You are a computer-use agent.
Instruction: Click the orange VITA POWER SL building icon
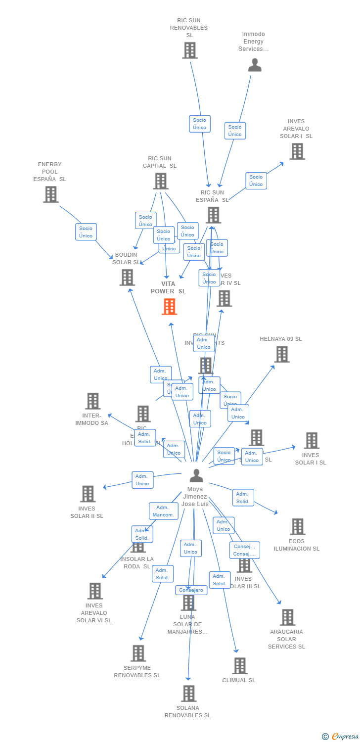click(x=169, y=307)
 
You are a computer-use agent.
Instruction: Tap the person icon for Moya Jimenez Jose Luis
click(x=196, y=476)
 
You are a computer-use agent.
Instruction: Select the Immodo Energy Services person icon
click(x=255, y=65)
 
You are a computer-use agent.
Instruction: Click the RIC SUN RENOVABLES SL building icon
click(x=189, y=50)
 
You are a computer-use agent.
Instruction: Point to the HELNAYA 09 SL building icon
click(x=282, y=354)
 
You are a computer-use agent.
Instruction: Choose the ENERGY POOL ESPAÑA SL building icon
click(x=50, y=194)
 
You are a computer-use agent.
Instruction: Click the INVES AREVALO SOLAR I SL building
click(x=297, y=151)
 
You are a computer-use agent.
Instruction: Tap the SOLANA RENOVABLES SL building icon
click(x=188, y=694)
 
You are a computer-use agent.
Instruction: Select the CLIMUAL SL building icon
click(x=240, y=666)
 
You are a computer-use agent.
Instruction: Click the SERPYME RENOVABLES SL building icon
click(x=138, y=653)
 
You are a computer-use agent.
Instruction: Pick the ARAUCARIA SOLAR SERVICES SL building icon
click(x=287, y=617)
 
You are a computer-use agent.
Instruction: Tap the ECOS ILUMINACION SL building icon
click(x=297, y=527)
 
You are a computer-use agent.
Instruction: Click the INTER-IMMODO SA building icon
click(x=92, y=401)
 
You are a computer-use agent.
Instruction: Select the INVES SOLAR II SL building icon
click(x=88, y=494)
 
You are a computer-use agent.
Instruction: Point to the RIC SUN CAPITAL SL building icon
click(x=160, y=181)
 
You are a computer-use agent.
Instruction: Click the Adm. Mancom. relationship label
click(x=163, y=511)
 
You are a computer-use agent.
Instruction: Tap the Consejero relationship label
click(x=191, y=590)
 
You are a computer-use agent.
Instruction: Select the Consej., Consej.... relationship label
click(x=244, y=550)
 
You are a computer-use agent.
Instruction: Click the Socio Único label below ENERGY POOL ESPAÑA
click(x=86, y=232)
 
